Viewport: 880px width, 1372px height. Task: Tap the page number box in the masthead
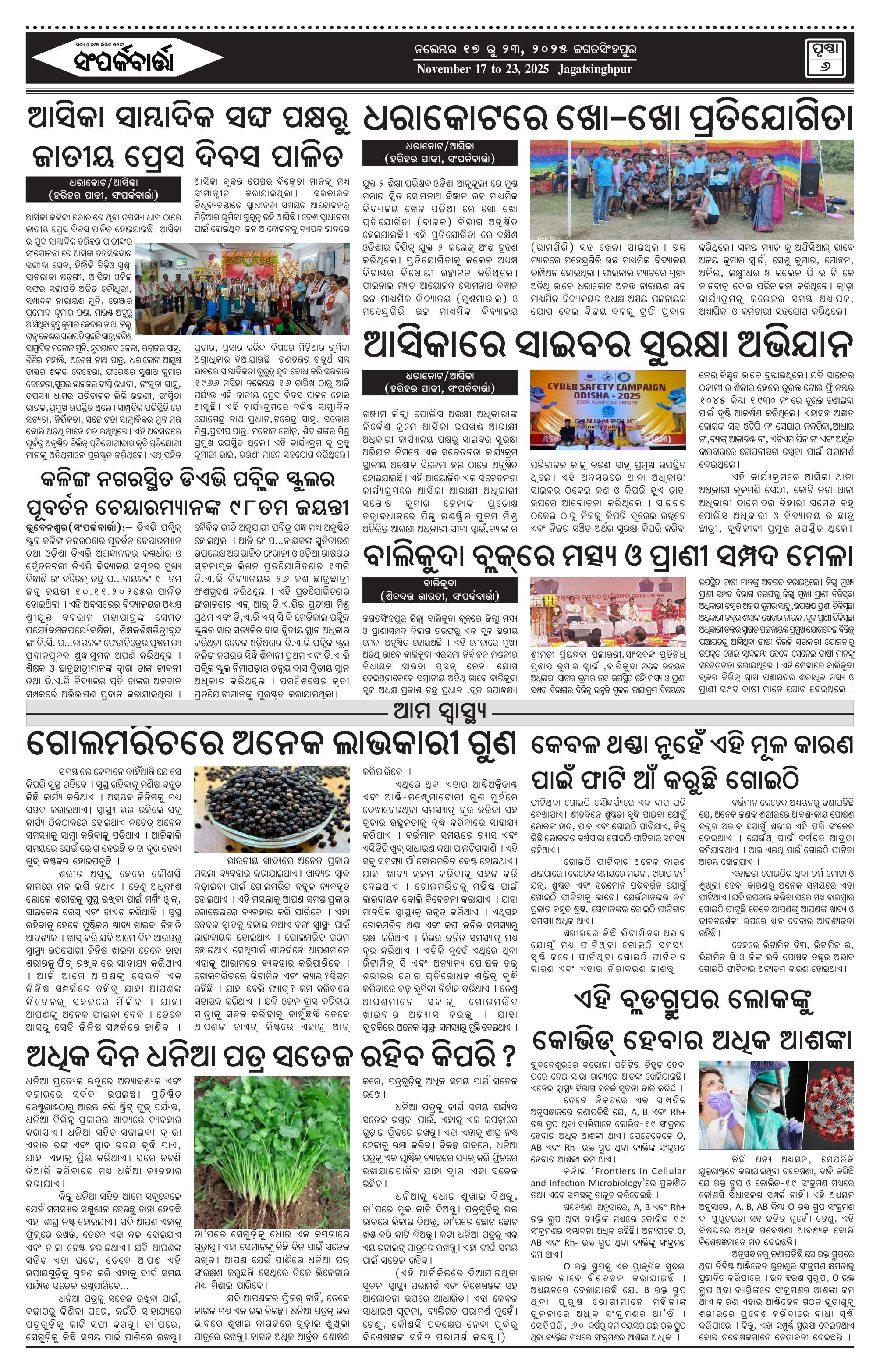pyautogui.click(x=827, y=57)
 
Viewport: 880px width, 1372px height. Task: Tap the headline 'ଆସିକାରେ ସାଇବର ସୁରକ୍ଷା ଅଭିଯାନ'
pyautogui.click(x=607, y=345)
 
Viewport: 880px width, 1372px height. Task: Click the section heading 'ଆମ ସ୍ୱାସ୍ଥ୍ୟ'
pyautogui.click(x=440, y=711)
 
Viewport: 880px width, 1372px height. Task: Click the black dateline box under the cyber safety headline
pyautogui.click(x=440, y=382)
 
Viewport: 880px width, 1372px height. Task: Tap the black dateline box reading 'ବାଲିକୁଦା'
pyautogui.click(x=440, y=590)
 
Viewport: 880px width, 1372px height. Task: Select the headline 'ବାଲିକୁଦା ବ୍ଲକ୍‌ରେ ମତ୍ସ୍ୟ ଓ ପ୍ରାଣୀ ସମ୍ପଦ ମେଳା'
pyautogui.click(x=607, y=555)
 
